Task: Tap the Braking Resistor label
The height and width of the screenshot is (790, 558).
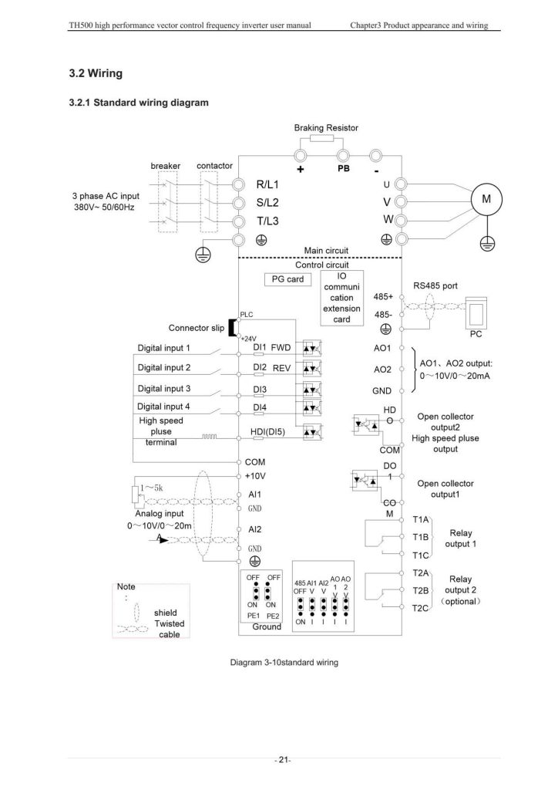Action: click(326, 128)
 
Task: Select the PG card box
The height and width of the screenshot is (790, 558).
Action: click(287, 279)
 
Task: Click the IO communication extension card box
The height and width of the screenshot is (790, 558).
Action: click(341, 298)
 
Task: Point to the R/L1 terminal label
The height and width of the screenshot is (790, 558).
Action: click(267, 184)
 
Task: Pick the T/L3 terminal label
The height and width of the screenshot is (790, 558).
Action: click(267, 221)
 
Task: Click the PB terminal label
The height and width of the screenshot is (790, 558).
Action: click(344, 169)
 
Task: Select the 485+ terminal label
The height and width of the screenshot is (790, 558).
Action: click(383, 297)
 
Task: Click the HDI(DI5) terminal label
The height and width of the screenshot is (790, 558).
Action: click(267, 432)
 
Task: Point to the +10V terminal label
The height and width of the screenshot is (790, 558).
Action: click(255, 476)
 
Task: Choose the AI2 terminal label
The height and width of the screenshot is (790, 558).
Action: click(255, 529)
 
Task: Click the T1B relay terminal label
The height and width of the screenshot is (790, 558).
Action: click(421, 537)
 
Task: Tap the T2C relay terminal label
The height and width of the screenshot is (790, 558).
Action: click(421, 608)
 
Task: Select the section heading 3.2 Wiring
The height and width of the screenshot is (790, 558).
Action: click(96, 73)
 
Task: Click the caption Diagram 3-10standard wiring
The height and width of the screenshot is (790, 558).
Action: click(284, 663)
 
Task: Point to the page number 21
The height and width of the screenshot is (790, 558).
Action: click(283, 760)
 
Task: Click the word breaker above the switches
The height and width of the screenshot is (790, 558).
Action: click(166, 166)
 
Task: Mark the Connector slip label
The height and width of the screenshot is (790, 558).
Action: click(197, 328)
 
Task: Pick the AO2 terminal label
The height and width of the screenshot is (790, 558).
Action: click(382, 370)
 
